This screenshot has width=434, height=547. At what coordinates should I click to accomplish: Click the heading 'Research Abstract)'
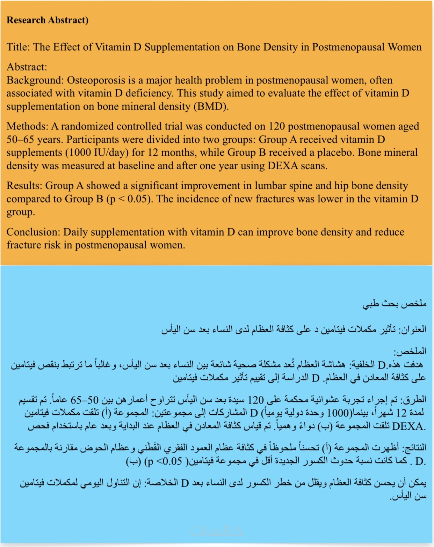point(48,20)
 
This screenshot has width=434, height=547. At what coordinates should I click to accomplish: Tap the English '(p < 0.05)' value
point(130,199)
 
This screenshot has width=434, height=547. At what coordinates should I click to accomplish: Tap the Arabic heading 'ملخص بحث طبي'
point(395,303)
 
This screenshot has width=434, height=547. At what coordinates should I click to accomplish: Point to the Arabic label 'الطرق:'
point(414,399)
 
